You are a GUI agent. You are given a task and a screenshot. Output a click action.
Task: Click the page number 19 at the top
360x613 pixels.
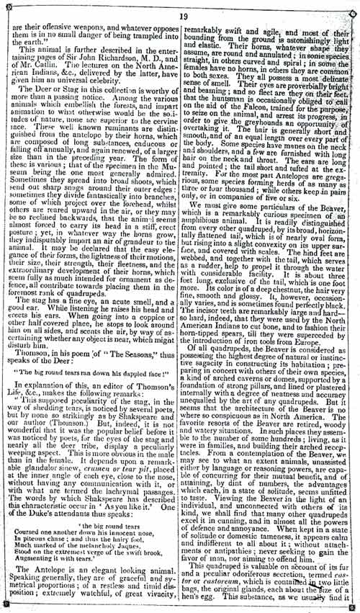(x=182, y=14)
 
